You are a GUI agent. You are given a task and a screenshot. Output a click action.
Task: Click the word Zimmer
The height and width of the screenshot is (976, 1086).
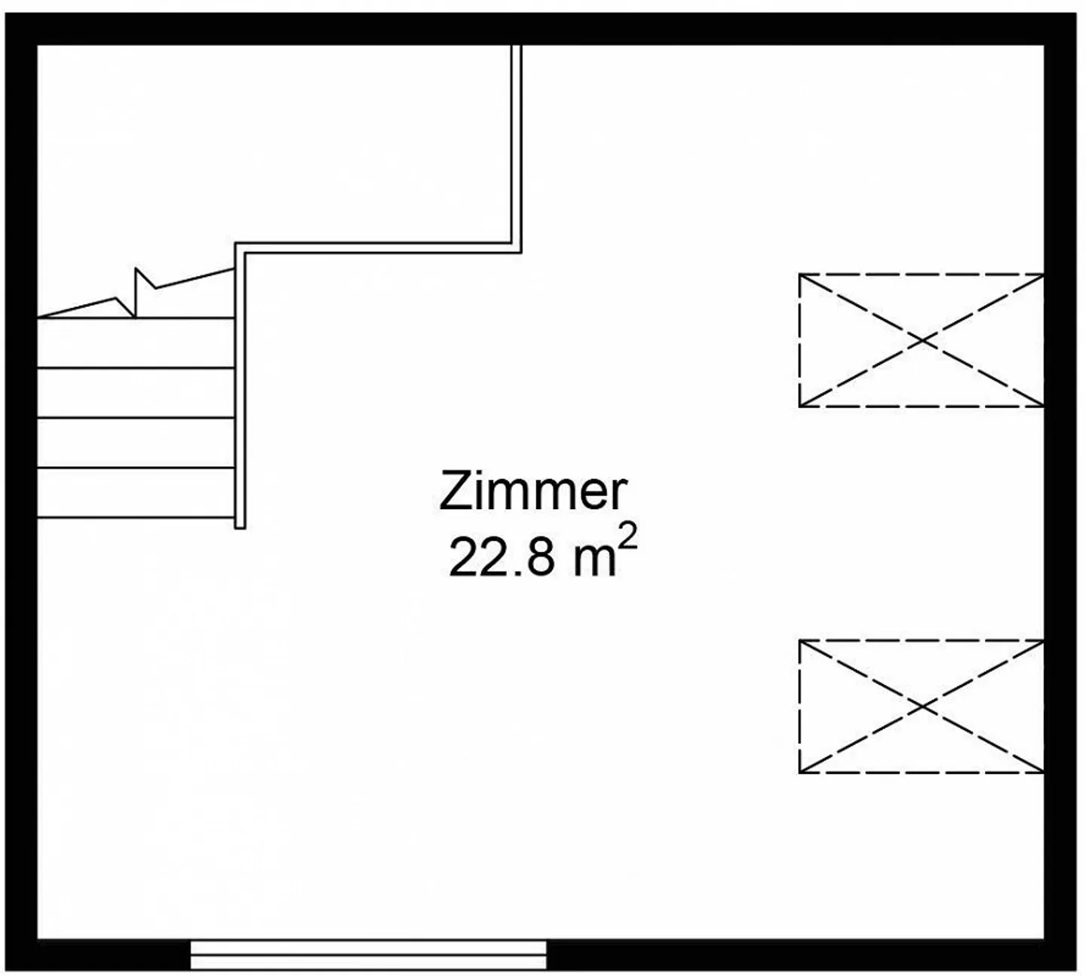pyautogui.click(x=532, y=490)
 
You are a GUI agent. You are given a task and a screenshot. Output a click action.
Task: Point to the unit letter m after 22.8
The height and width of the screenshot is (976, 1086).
pyautogui.click(x=594, y=562)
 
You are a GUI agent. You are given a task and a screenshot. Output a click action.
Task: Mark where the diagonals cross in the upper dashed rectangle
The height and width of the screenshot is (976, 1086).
pyautogui.click(x=922, y=340)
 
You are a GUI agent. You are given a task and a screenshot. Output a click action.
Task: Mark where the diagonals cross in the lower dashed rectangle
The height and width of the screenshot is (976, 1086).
pyautogui.click(x=922, y=706)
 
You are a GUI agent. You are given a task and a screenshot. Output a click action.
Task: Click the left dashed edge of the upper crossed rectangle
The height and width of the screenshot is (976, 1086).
pyautogui.click(x=799, y=340)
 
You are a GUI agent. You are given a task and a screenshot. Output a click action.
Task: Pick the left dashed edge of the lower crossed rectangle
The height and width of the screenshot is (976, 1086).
pyautogui.click(x=799, y=706)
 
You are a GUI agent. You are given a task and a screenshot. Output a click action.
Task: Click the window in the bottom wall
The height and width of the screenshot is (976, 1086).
pyautogui.click(x=369, y=955)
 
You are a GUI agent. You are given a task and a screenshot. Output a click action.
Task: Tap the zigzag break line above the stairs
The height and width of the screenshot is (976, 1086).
pyautogui.click(x=136, y=293)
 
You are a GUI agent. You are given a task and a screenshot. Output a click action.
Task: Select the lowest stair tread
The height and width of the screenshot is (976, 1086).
pyautogui.click(x=136, y=493)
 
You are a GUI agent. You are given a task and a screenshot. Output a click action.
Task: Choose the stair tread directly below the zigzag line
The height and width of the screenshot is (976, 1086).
pyautogui.click(x=136, y=343)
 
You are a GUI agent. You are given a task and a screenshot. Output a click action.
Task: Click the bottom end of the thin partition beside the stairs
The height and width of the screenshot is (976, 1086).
pyautogui.click(x=240, y=528)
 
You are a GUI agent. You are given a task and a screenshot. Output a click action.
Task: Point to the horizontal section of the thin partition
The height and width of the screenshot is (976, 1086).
pyautogui.click(x=378, y=247)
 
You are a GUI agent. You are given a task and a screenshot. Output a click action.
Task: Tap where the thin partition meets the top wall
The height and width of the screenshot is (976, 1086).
pyautogui.click(x=516, y=46)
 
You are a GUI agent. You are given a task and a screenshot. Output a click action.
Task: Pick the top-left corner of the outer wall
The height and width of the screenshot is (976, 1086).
pyautogui.click(x=5, y=13)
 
